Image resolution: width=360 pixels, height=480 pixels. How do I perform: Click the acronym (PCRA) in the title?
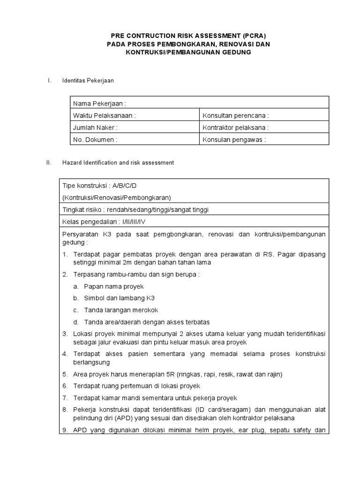(254, 35)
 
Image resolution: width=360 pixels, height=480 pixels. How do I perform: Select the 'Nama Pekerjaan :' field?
(99, 103)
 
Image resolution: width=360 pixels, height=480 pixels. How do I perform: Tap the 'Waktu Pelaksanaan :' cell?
(104, 115)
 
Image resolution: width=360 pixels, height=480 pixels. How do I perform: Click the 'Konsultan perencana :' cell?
(235, 115)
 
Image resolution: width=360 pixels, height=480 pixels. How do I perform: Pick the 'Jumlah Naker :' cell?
(95, 127)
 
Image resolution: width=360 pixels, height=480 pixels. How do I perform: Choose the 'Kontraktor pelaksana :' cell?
(235, 127)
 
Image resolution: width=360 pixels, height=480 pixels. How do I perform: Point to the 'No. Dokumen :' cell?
(95, 139)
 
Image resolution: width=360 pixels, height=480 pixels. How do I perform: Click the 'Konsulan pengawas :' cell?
(234, 139)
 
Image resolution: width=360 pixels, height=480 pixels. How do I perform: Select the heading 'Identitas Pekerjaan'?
(88, 81)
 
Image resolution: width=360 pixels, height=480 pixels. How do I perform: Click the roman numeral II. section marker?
(48, 163)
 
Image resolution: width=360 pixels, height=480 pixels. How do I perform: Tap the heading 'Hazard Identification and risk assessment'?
(118, 163)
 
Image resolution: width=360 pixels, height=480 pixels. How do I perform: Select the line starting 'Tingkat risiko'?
(135, 210)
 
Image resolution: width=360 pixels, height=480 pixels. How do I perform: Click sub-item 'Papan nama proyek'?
(114, 286)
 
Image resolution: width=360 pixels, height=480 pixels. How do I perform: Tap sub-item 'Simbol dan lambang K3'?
(119, 298)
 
